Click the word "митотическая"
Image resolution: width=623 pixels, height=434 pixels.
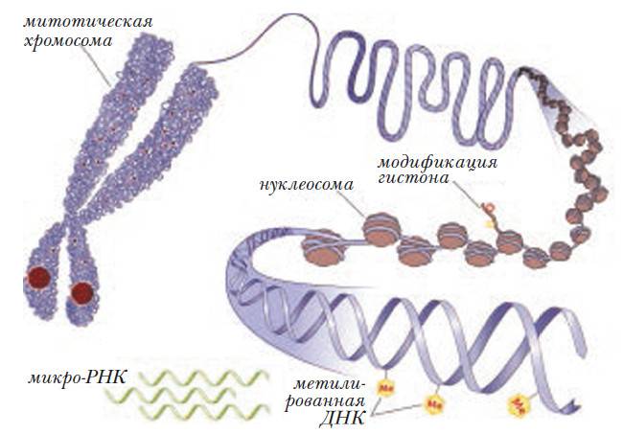tap(88, 22)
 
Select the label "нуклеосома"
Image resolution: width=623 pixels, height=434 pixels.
tap(307, 185)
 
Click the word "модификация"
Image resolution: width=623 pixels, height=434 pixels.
tap(437, 164)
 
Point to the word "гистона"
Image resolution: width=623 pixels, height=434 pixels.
tap(413, 178)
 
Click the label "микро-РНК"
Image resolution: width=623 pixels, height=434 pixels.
tap(77, 377)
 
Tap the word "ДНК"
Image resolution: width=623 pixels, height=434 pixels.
tap(342, 419)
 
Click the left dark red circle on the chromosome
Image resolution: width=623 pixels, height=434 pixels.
tap(38, 278)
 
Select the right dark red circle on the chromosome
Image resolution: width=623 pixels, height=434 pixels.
tap(82, 293)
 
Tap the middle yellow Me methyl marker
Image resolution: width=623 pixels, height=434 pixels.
tap(432, 404)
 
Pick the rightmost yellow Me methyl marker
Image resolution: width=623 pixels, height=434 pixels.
tap(519, 405)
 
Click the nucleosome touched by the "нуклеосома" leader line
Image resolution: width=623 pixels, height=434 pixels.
tap(381, 230)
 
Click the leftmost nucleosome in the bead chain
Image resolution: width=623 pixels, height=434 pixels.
tap(323, 247)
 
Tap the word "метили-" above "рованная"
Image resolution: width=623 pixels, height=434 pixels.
tap(329, 385)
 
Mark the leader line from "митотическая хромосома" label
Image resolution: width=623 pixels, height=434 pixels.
tap(95, 65)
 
